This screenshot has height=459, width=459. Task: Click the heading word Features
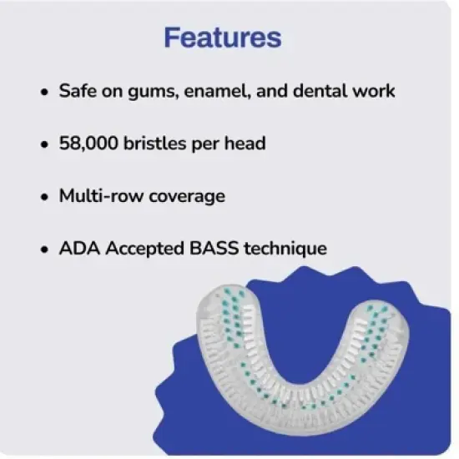pos(222,38)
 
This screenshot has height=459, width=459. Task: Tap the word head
pos(246,144)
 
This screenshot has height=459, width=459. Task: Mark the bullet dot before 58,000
pos(43,145)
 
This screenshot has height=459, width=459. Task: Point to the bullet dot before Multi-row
pos(43,197)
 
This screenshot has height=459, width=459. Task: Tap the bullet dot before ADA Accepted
pos(43,250)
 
